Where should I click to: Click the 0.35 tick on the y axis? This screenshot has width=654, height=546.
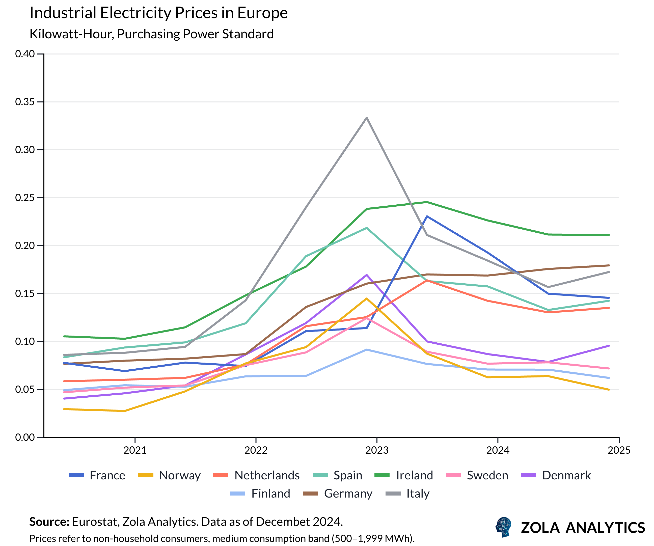click(x=25, y=102)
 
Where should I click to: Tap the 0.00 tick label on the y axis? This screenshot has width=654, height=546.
click(x=25, y=437)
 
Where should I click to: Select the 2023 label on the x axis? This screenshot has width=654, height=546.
click(x=377, y=450)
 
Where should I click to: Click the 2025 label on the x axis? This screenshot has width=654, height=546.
click(x=619, y=450)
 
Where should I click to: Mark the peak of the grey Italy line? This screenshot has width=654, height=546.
click(x=367, y=118)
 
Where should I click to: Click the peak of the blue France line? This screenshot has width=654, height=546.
click(x=427, y=216)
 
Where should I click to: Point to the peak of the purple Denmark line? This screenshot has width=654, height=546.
click(x=367, y=275)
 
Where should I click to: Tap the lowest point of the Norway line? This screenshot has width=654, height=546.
click(x=125, y=411)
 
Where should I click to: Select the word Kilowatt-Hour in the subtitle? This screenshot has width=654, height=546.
click(x=71, y=34)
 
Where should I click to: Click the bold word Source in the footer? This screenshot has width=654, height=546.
click(x=49, y=522)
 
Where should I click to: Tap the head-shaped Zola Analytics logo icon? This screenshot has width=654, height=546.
click(x=504, y=527)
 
